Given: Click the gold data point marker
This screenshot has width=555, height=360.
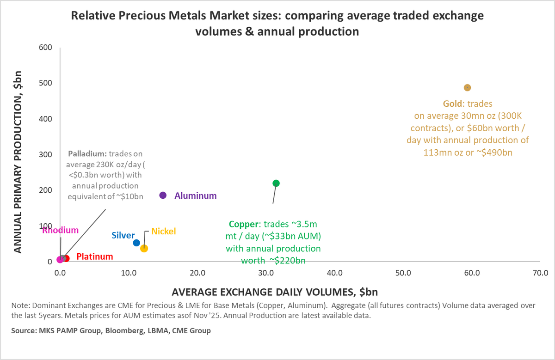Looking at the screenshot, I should [467, 88].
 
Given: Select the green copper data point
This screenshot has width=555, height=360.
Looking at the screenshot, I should [276, 183].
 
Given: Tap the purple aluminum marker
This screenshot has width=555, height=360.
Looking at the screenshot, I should [163, 195].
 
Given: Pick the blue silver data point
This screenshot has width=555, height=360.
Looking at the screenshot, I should [136, 243].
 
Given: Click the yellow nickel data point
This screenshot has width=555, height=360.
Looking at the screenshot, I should [144, 248].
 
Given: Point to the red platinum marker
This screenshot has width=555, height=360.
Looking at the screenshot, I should [66, 258].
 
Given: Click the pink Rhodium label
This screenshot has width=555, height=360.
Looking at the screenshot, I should [60, 230].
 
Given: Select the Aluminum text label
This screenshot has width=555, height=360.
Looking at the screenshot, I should [195, 195].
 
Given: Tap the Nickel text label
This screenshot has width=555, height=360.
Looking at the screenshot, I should [163, 231].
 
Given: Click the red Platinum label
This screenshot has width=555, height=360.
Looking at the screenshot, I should [94, 256].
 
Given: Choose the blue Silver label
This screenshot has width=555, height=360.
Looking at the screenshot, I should [123, 235].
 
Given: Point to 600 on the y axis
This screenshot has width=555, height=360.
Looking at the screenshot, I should [45, 48].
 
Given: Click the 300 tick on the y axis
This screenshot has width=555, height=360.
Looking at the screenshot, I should [45, 154].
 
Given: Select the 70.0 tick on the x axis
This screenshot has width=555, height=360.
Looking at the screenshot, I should [540, 273].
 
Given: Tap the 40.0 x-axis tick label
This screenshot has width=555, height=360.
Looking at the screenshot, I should [334, 273].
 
